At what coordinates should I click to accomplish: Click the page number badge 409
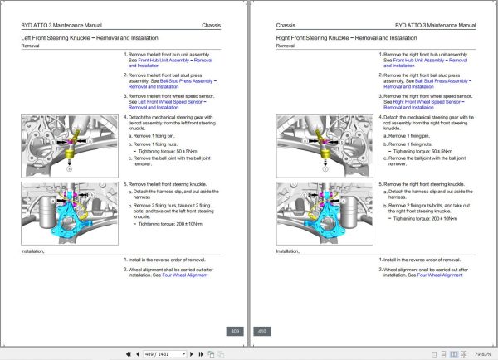235,331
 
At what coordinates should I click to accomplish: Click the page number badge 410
261,331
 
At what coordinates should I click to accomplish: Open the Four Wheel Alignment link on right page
440,275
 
